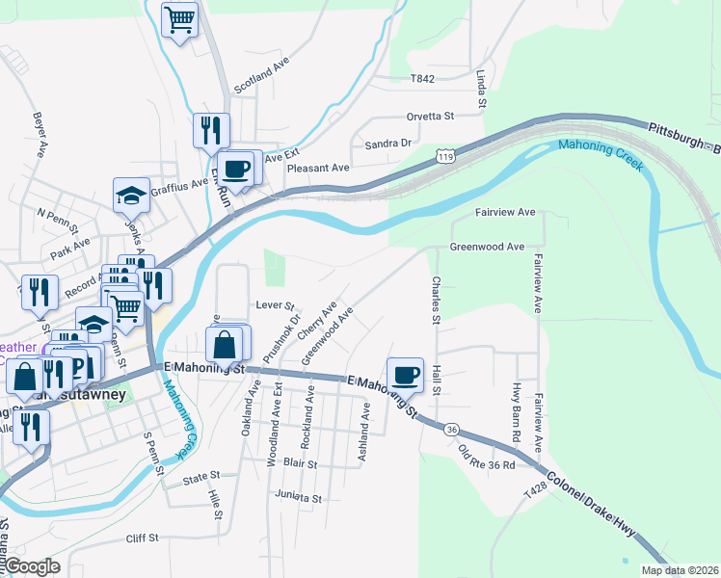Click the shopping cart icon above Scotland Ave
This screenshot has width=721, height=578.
180,18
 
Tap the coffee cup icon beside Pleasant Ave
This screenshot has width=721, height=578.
236,170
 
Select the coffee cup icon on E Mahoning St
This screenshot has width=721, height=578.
406,374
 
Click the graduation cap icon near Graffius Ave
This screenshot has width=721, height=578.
131,197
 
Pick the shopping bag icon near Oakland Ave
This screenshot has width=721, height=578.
224,343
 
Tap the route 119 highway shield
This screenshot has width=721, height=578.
445,155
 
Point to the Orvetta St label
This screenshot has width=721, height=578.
430,116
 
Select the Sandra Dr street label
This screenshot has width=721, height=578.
388,144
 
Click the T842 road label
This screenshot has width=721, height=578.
422,79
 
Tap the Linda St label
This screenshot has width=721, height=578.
479,89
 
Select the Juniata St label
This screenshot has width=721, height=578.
298,498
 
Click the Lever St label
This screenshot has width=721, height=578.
275,304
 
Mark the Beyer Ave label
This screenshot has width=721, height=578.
40,135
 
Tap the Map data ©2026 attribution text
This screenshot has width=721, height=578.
680,570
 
